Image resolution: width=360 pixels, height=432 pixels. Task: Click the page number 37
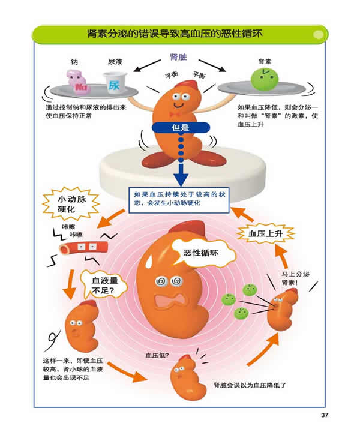click(x=325, y=415)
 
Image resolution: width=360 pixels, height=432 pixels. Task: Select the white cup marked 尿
click(x=114, y=83)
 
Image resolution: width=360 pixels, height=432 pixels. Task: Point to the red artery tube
click(x=77, y=247)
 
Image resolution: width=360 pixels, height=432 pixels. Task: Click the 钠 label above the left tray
click(x=74, y=62)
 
